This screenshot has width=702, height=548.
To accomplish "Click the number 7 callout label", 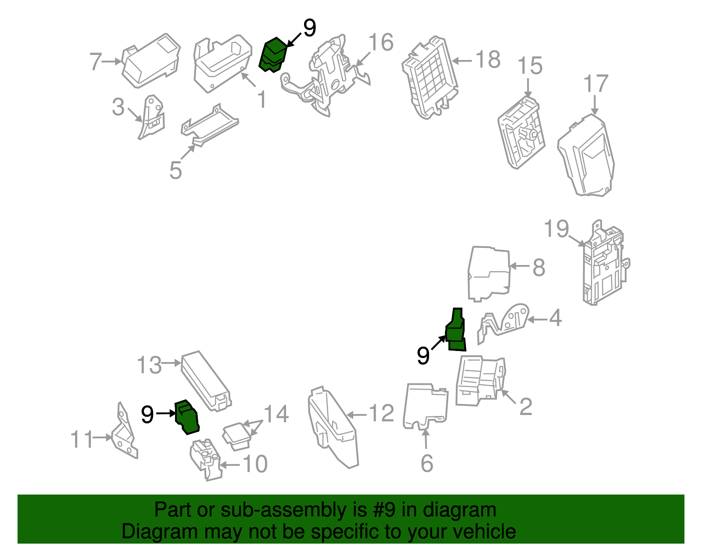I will [95, 61].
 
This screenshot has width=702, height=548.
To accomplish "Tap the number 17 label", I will [596, 84].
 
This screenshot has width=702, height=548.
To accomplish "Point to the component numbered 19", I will [605, 263].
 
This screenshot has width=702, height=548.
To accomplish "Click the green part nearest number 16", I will [273, 55].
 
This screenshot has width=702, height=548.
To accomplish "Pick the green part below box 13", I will [187, 417].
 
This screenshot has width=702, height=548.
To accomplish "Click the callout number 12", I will [381, 414].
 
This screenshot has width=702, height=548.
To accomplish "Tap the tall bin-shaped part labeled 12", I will [333, 428].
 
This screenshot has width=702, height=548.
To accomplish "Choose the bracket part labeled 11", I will [124, 434].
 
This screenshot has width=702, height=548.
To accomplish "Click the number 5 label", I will [175, 170].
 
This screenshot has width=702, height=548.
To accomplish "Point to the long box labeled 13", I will [205, 380].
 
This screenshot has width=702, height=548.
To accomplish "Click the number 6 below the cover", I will [426, 464].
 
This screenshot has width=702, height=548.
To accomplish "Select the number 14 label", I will [276, 414].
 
